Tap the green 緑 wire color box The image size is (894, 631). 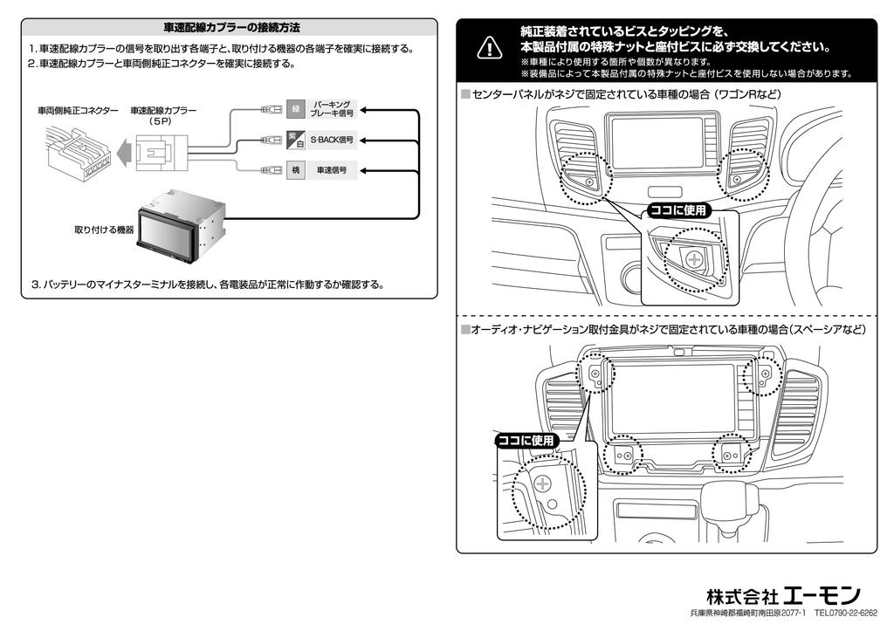(295, 110)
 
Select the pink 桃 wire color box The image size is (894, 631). (295, 169)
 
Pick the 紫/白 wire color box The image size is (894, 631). (295, 140)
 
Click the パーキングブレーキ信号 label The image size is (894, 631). (333, 110)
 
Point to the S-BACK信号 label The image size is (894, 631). (332, 140)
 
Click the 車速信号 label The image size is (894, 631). (331, 169)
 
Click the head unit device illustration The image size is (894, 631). (181, 220)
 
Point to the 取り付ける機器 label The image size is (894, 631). (104, 230)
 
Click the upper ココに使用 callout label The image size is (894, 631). (678, 210)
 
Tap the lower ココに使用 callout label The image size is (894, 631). (526, 441)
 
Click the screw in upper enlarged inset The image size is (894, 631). (695, 259)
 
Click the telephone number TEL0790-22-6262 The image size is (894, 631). (846, 614)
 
